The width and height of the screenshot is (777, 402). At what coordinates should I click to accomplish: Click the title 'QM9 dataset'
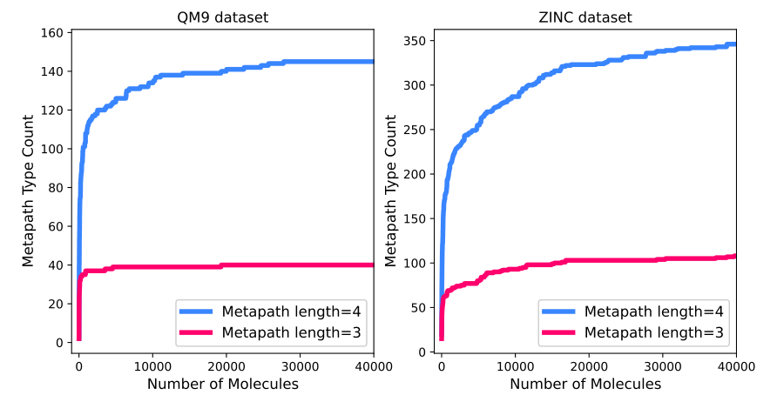point(222,17)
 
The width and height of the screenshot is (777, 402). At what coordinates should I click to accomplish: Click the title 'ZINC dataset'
point(584,17)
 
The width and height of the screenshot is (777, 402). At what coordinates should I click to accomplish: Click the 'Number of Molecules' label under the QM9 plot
point(222,383)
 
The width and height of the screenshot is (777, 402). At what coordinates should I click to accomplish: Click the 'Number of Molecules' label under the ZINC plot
point(584,383)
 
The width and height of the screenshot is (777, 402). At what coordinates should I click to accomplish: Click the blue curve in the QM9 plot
point(261,63)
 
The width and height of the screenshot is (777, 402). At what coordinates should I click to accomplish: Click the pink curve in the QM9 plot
point(261,265)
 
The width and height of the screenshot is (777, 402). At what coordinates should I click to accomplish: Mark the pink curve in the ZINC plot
point(610,260)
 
